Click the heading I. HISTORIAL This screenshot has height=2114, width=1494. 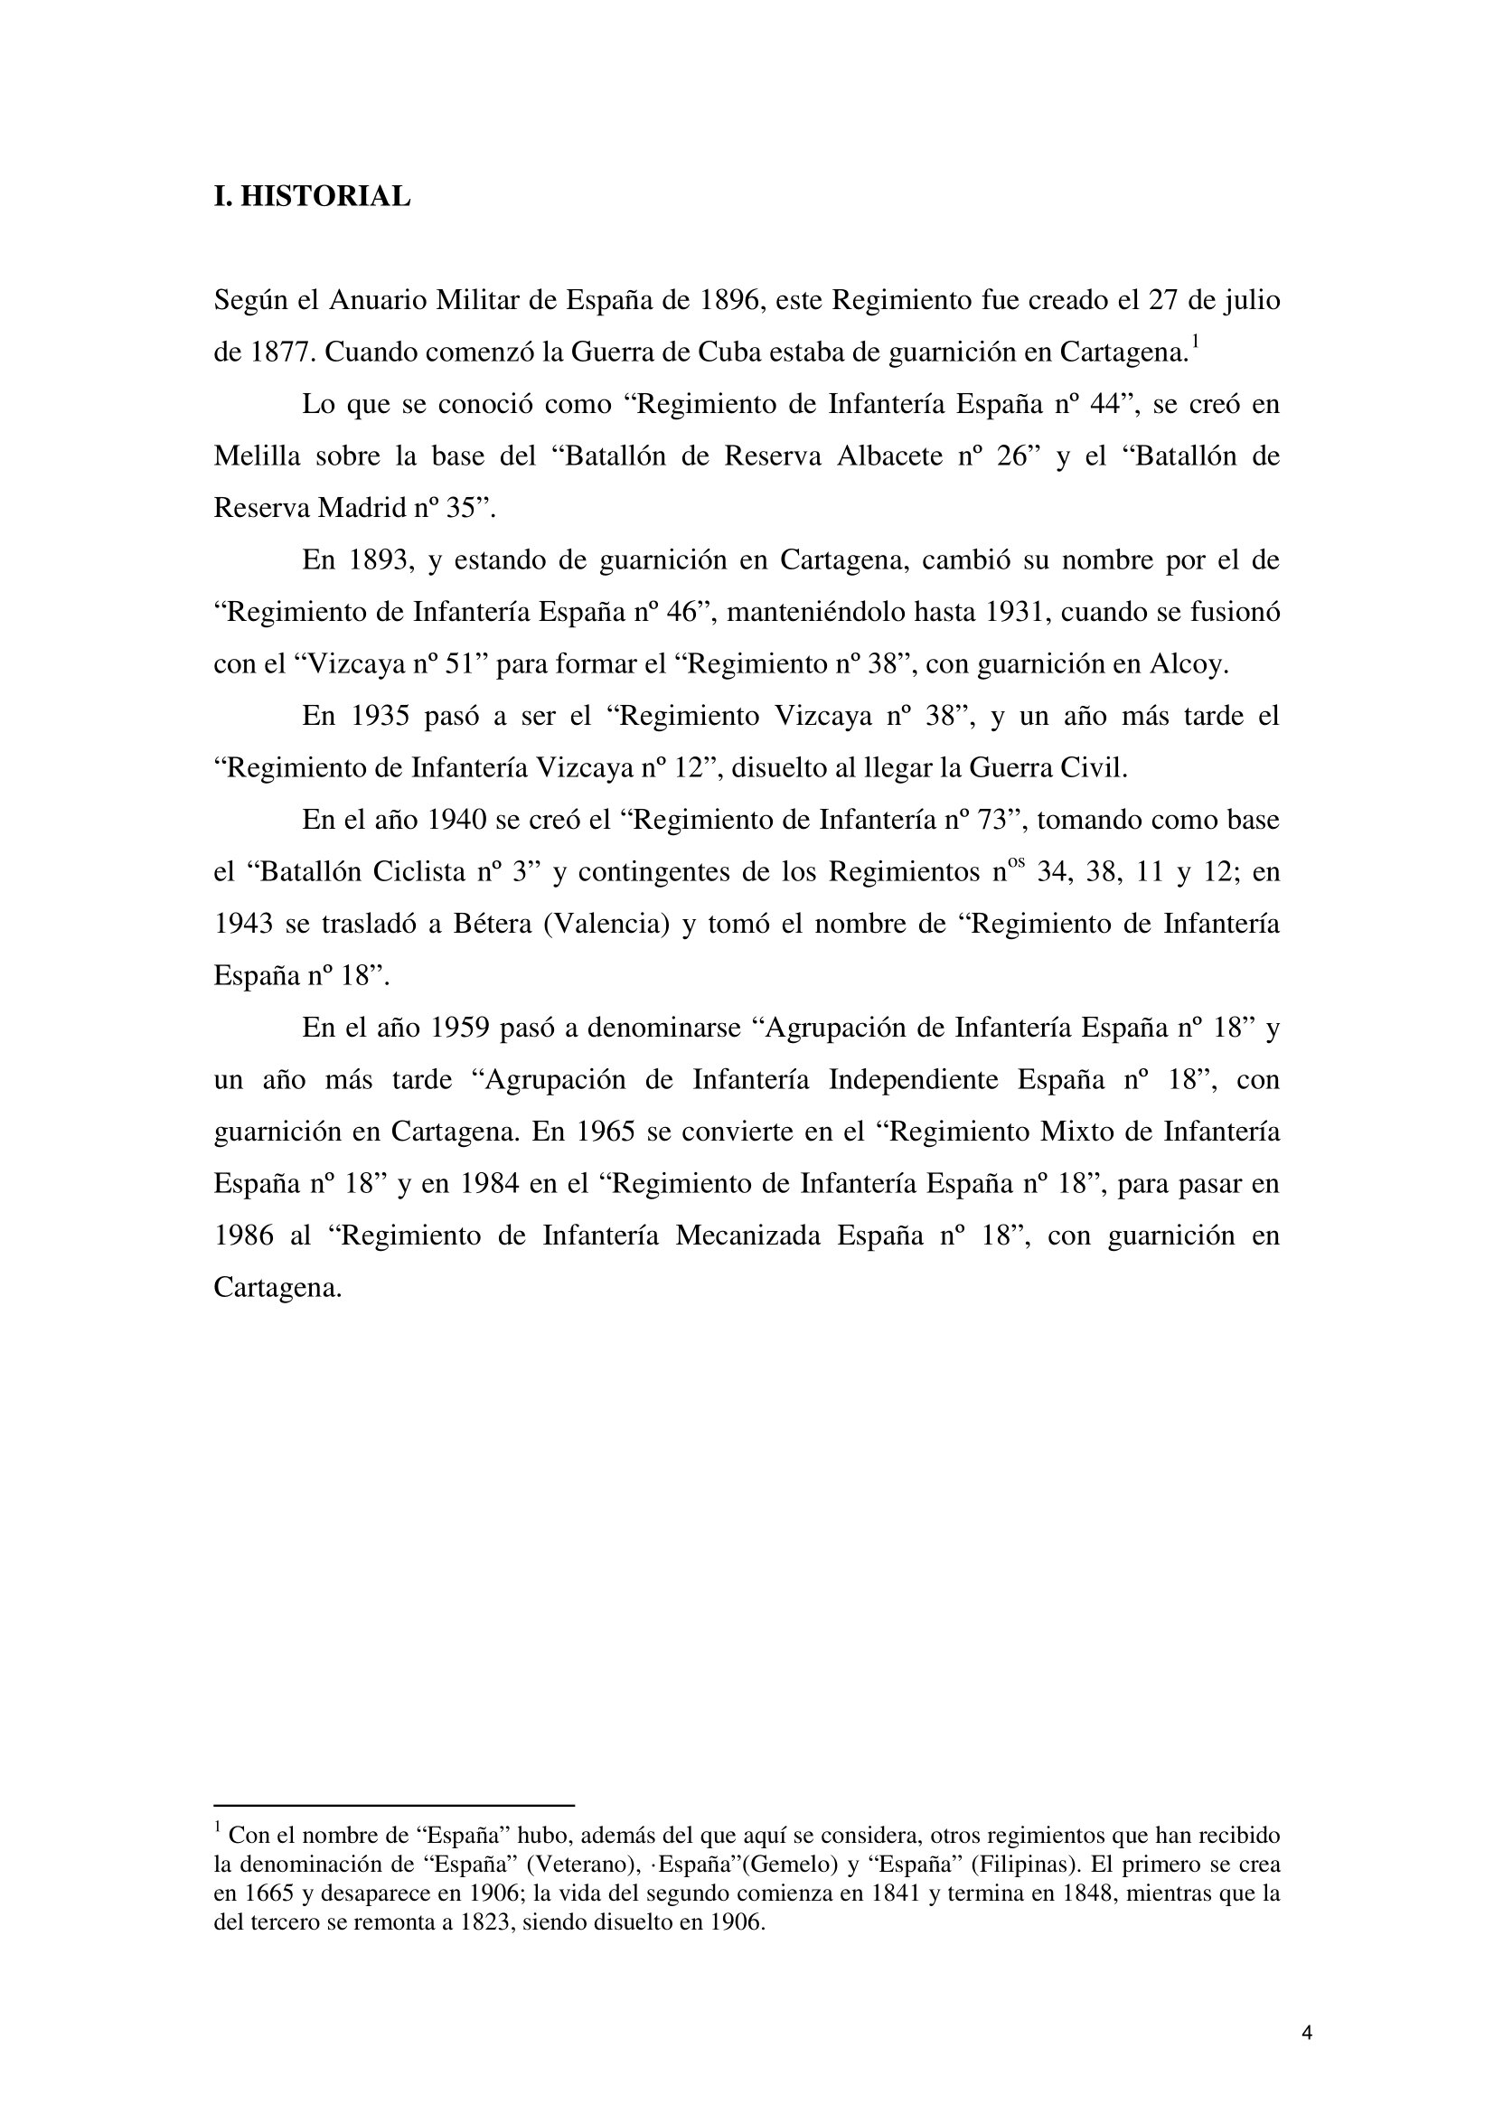(x=312, y=197)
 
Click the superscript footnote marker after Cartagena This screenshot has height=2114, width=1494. (x=1195, y=343)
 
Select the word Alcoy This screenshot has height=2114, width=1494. (x=1190, y=665)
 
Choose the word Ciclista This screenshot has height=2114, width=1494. (x=418, y=872)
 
